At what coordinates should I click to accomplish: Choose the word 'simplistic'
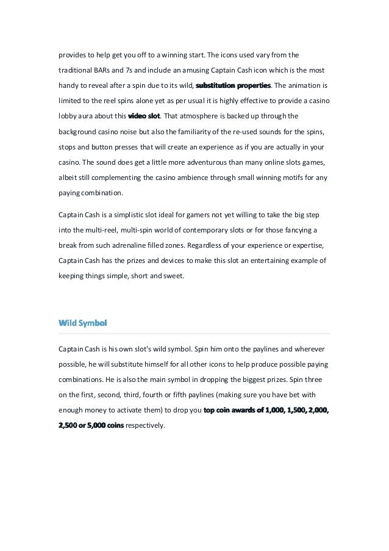pyautogui.click(x=126, y=215)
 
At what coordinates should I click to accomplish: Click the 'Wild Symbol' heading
pyautogui.click(x=82, y=322)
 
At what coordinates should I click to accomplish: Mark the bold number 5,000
pyautogui.click(x=99, y=426)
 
